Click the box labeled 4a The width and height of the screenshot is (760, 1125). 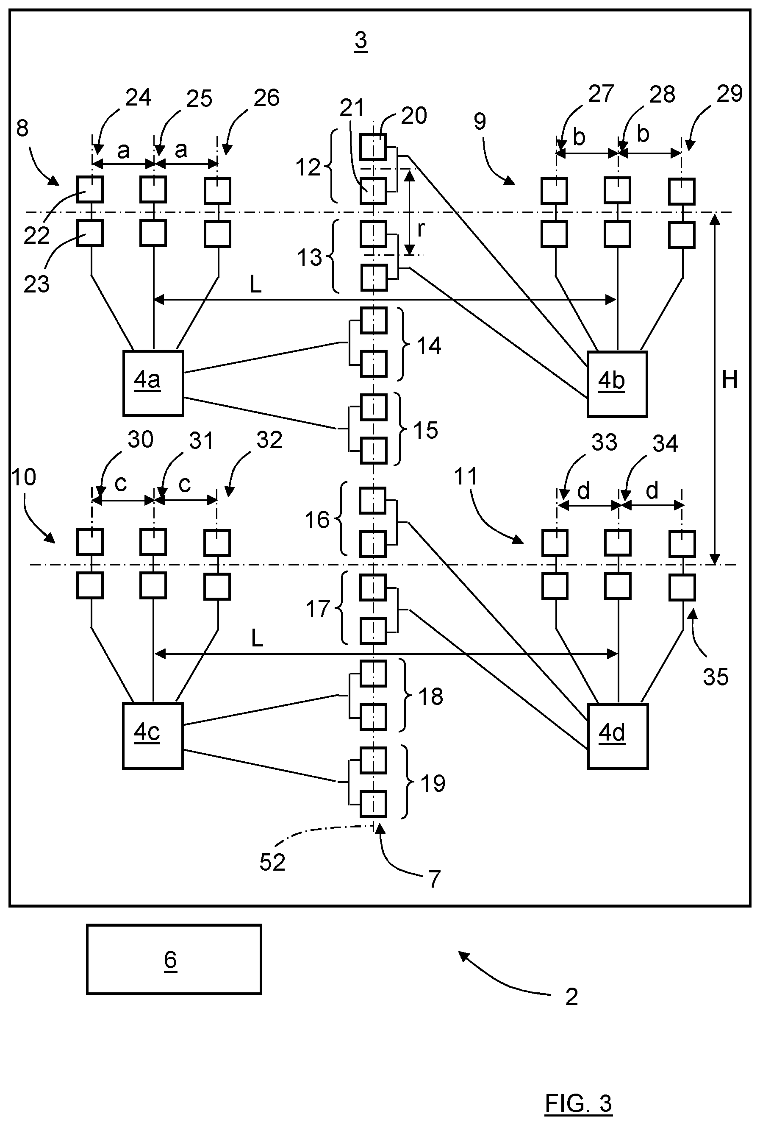[153, 383]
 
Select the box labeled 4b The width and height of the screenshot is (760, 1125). [617, 384]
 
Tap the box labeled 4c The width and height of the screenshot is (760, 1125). [153, 736]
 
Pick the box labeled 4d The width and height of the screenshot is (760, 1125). [618, 736]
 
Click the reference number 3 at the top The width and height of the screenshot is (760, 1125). [361, 41]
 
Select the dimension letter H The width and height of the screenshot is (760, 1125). [729, 380]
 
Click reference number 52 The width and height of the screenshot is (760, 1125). [272, 862]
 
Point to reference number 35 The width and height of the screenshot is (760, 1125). [716, 677]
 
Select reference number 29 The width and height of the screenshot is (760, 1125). [729, 93]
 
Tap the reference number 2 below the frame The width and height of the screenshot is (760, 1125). [571, 997]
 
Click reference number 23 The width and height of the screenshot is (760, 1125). [37, 284]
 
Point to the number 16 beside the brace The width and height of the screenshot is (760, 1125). [317, 520]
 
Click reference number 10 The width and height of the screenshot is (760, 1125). [24, 477]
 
